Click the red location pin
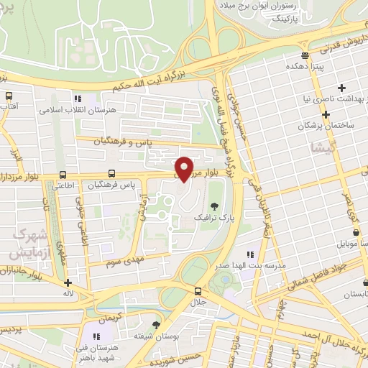(x=185, y=167)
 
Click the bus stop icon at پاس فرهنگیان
(x=111, y=173)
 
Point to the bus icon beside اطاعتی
(x=63, y=174)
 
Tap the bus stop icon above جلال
(x=198, y=290)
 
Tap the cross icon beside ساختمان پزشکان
(x=326, y=114)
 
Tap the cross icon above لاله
(x=68, y=283)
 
